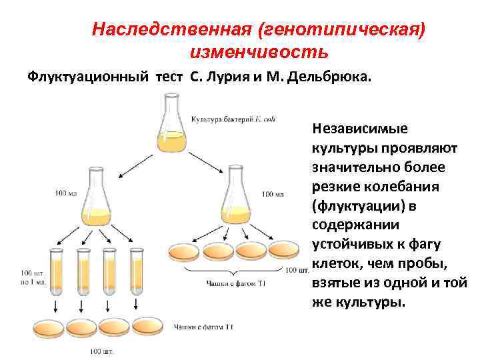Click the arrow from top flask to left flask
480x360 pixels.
click(135, 159)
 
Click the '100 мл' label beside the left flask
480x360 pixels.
click(66, 194)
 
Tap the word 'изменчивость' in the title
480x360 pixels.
click(259, 51)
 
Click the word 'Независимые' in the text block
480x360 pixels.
click(360, 127)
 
